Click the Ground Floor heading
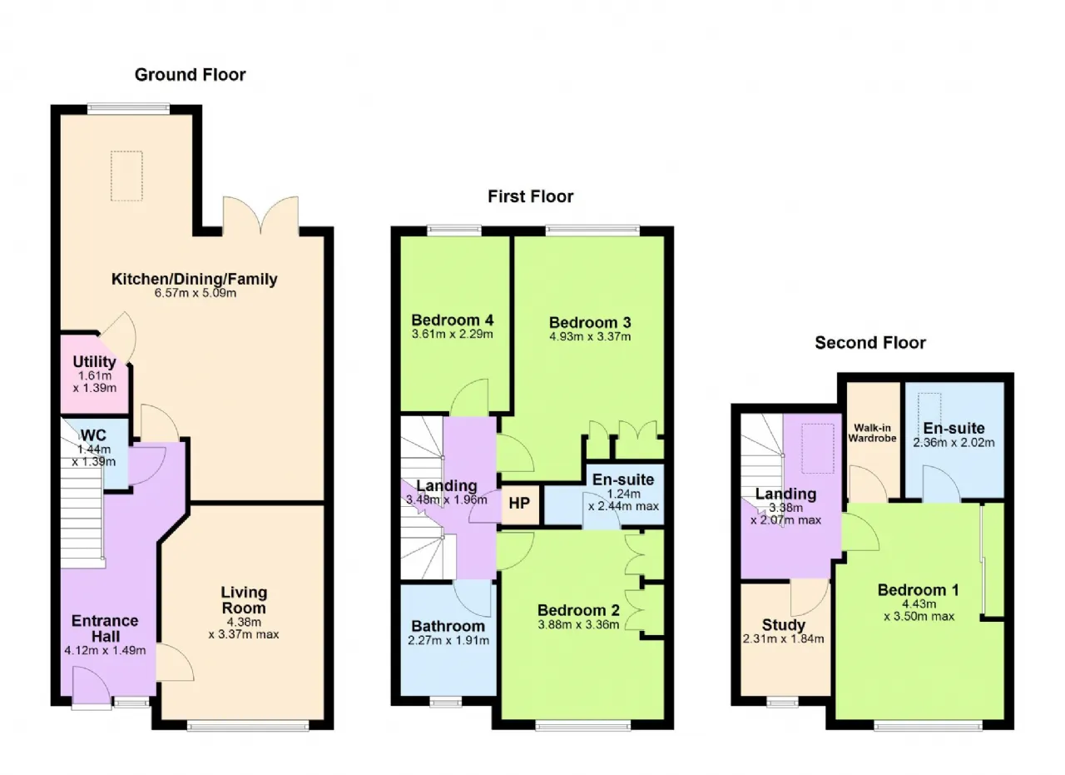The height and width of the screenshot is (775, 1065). (191, 75)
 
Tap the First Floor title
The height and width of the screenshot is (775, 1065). (531, 196)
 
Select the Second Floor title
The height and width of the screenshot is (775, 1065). (870, 342)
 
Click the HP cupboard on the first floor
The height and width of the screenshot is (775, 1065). (520, 504)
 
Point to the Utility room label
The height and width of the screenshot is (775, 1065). (95, 361)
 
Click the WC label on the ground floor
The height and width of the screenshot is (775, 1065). (94, 435)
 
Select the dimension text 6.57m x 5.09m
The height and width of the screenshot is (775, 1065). (196, 293)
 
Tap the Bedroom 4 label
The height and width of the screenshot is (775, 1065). (452, 320)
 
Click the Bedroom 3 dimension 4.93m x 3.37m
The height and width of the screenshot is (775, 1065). (590, 337)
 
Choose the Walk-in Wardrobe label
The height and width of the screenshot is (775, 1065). (873, 433)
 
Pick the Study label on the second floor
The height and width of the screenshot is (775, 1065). (784, 624)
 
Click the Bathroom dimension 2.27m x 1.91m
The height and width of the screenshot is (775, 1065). (448, 640)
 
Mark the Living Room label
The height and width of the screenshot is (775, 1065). (244, 600)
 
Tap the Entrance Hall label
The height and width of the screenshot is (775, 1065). (105, 628)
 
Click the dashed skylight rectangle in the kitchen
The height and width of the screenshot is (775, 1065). (126, 176)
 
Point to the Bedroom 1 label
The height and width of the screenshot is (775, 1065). (918, 590)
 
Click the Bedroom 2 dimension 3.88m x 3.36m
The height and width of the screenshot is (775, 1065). (578, 624)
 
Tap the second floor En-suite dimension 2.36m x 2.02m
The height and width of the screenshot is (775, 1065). (954, 443)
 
